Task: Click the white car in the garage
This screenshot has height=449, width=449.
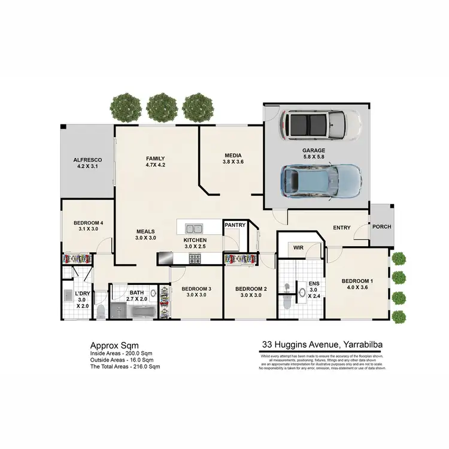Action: coord(321,124)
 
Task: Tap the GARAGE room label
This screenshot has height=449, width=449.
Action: coord(314,151)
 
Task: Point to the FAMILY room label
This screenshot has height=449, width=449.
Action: coord(155,159)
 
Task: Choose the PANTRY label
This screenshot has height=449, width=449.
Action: coord(235,225)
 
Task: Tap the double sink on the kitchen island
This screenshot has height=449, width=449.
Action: coord(194,227)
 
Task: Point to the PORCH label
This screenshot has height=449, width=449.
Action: coord(382,227)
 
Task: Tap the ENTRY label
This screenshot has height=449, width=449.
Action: coord(342,227)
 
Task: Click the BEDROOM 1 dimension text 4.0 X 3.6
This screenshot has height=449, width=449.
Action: coord(357,288)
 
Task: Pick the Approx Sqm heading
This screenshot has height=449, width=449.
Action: coord(114,345)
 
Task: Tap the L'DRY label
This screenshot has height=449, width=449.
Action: coord(82,293)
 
